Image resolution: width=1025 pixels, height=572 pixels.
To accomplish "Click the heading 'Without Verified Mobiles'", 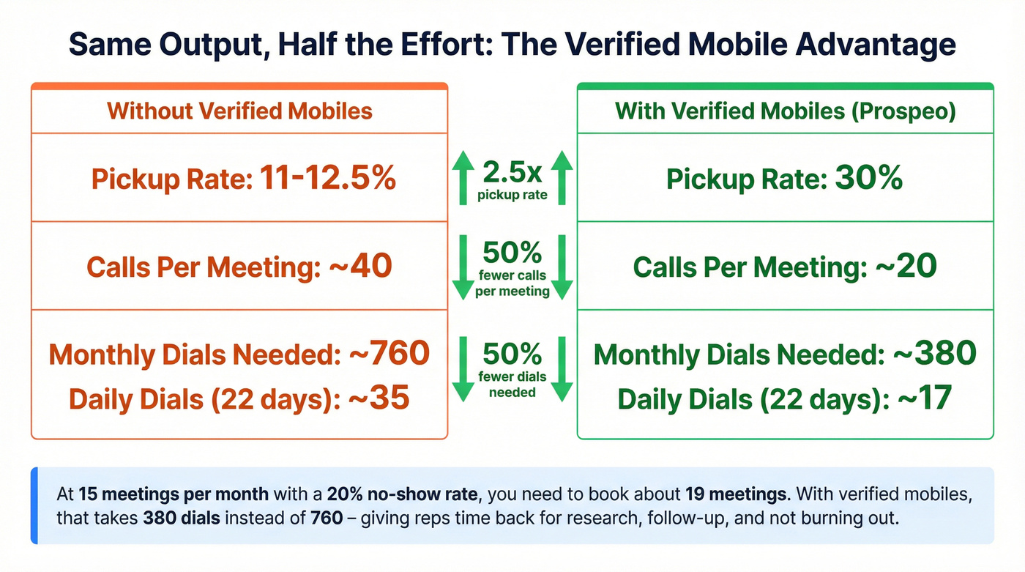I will click(239, 111).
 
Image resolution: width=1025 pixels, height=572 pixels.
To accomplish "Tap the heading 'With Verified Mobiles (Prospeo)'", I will click(785, 111).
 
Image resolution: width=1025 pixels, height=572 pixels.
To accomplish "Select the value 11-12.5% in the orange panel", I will click(327, 178).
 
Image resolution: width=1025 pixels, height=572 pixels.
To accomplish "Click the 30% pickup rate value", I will click(868, 178).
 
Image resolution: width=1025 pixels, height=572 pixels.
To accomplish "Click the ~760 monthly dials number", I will click(389, 354).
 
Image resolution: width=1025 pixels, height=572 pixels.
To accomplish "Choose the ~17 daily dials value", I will click(920, 399).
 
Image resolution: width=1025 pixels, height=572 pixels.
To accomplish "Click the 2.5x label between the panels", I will click(512, 173).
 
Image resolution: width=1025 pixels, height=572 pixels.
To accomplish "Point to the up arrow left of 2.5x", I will click(463, 178).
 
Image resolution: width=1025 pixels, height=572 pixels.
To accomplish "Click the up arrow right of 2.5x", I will click(561, 178).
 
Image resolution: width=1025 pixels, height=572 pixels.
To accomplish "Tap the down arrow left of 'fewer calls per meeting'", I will click(463, 267).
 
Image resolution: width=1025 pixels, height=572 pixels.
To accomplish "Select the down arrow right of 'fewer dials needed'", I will click(561, 368).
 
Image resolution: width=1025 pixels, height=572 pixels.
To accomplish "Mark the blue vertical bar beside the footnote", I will click(34, 506).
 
